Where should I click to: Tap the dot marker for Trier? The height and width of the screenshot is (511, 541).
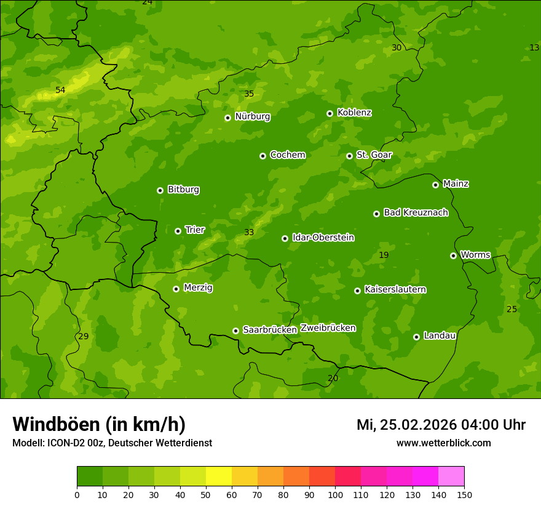click(x=178, y=231)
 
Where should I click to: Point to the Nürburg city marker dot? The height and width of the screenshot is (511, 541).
click(x=227, y=118)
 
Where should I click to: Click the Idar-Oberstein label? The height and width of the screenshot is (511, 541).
click(x=323, y=238)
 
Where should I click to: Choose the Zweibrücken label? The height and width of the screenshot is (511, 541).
click(x=328, y=328)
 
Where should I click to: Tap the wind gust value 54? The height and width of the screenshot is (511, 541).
click(x=60, y=91)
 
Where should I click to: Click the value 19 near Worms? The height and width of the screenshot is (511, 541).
click(x=384, y=255)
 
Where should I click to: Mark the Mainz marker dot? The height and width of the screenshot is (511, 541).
click(x=435, y=185)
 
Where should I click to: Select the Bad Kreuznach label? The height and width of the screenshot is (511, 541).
click(x=416, y=212)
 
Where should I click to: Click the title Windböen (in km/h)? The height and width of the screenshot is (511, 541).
click(x=99, y=424)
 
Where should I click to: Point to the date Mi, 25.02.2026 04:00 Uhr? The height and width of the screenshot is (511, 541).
click(x=441, y=425)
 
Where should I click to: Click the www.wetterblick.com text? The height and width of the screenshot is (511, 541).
click(x=443, y=443)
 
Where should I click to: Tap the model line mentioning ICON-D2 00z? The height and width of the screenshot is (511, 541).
click(x=112, y=443)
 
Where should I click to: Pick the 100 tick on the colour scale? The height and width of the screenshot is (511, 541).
click(x=335, y=494)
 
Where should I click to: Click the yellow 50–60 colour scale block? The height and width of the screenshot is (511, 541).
click(x=219, y=477)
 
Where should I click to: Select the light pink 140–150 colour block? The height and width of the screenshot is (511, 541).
click(x=451, y=477)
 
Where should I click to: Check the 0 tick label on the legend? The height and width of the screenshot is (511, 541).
click(x=77, y=494)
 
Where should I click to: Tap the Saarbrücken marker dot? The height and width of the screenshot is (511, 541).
click(x=235, y=331)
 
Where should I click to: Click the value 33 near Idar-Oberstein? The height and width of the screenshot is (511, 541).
click(x=249, y=233)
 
